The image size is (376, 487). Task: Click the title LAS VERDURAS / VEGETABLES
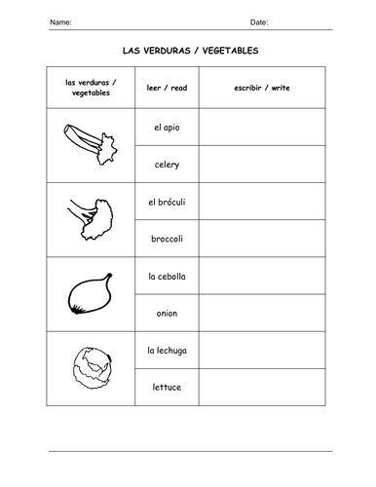(x=189, y=50)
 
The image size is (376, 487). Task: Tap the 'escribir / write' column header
(x=262, y=88)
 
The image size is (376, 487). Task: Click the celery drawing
(x=87, y=142)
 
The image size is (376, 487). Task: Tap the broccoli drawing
(x=90, y=215)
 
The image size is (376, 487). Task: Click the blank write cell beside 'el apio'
(x=262, y=127)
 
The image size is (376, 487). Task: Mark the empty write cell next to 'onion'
(x=262, y=314)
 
